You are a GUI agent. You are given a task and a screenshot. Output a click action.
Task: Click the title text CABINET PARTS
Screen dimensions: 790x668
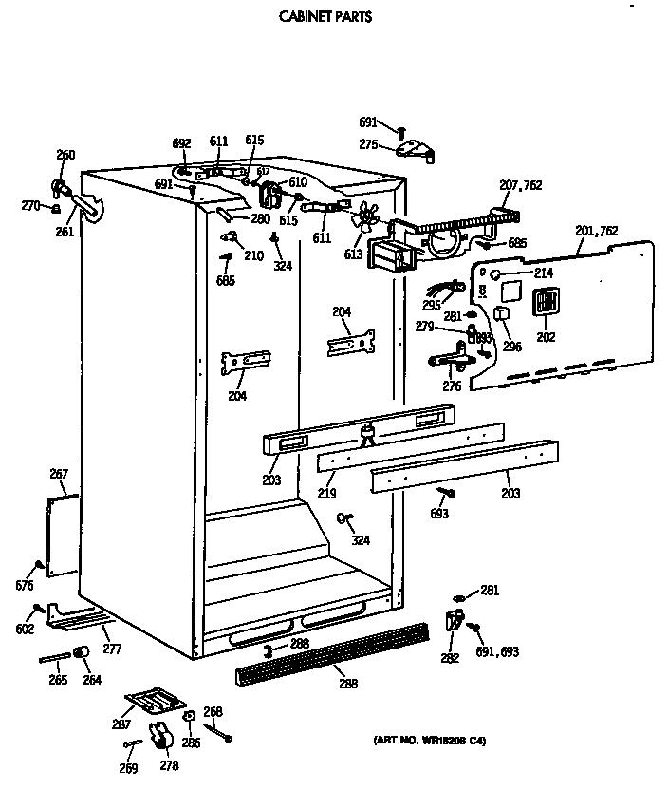pyautogui.click(x=325, y=16)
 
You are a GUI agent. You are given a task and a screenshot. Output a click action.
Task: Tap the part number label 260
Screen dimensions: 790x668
pyautogui.click(x=65, y=155)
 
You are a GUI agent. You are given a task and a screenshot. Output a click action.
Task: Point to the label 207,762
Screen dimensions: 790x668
pyautogui.click(x=520, y=185)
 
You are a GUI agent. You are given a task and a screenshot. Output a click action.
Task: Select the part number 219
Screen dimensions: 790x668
pyautogui.click(x=326, y=494)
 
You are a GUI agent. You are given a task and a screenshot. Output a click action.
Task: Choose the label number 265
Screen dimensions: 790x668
pyautogui.click(x=58, y=679)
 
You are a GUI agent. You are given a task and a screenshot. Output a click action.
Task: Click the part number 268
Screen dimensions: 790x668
pyautogui.click(x=213, y=711)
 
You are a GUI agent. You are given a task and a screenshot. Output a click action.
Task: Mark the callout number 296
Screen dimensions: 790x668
pyautogui.click(x=511, y=347)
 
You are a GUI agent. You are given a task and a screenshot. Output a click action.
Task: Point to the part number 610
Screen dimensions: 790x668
pyautogui.click(x=298, y=181)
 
